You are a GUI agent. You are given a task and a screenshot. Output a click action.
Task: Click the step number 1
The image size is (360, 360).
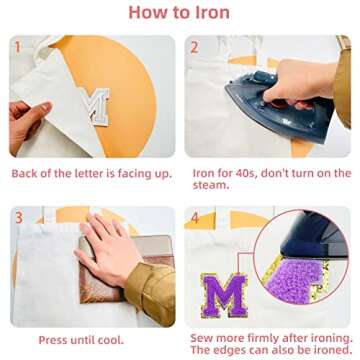(x=17, y=47)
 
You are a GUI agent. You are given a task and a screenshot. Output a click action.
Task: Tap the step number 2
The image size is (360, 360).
(x=195, y=47)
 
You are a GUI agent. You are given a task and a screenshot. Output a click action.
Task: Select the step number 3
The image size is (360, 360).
(x=17, y=216)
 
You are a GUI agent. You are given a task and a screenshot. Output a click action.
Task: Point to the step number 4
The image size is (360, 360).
(x=195, y=216)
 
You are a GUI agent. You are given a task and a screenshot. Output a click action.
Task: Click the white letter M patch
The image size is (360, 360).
(x=97, y=105)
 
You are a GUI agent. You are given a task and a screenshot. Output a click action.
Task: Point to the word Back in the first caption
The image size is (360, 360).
(x=26, y=173)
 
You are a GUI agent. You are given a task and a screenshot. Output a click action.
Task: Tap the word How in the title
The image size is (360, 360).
(x=150, y=14)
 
